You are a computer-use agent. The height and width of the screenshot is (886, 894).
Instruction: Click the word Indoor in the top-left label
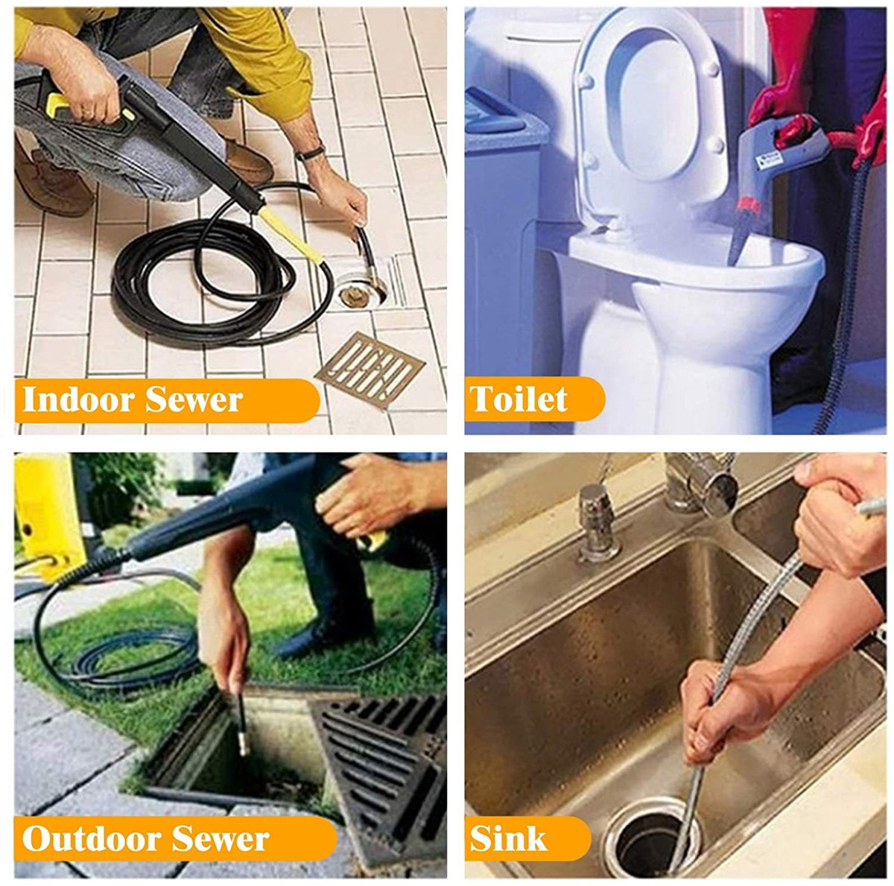coord(79,399)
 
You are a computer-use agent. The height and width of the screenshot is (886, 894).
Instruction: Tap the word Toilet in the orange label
coord(519,398)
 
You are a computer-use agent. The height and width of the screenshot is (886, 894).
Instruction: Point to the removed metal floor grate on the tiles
coord(370,370)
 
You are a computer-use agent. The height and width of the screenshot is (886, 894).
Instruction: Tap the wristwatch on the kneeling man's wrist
coord(310,153)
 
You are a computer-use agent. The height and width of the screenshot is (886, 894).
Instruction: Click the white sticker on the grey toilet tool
coord(769,159)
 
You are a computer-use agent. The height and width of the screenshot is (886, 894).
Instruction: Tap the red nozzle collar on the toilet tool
coord(748,204)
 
